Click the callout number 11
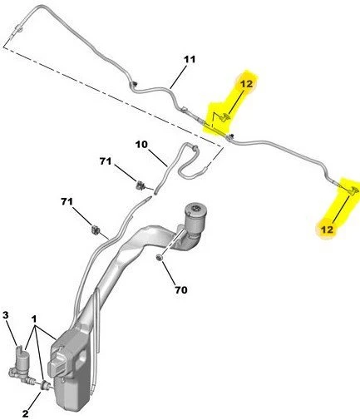coord(190,60)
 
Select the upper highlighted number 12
coord(246,83)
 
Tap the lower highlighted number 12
coord(327,230)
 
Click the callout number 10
coord(141,145)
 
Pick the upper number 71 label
coord(106,161)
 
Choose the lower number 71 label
coord(67,201)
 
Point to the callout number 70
coord(181,290)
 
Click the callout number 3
coord(6,315)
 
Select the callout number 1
coord(34,319)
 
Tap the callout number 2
coord(25,414)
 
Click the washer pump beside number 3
coord(21,364)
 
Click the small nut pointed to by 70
coord(160,258)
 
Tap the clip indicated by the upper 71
coord(141,185)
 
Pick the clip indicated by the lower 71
coord(96,230)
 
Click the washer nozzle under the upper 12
coord(225,118)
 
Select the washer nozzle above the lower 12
coord(353,190)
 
